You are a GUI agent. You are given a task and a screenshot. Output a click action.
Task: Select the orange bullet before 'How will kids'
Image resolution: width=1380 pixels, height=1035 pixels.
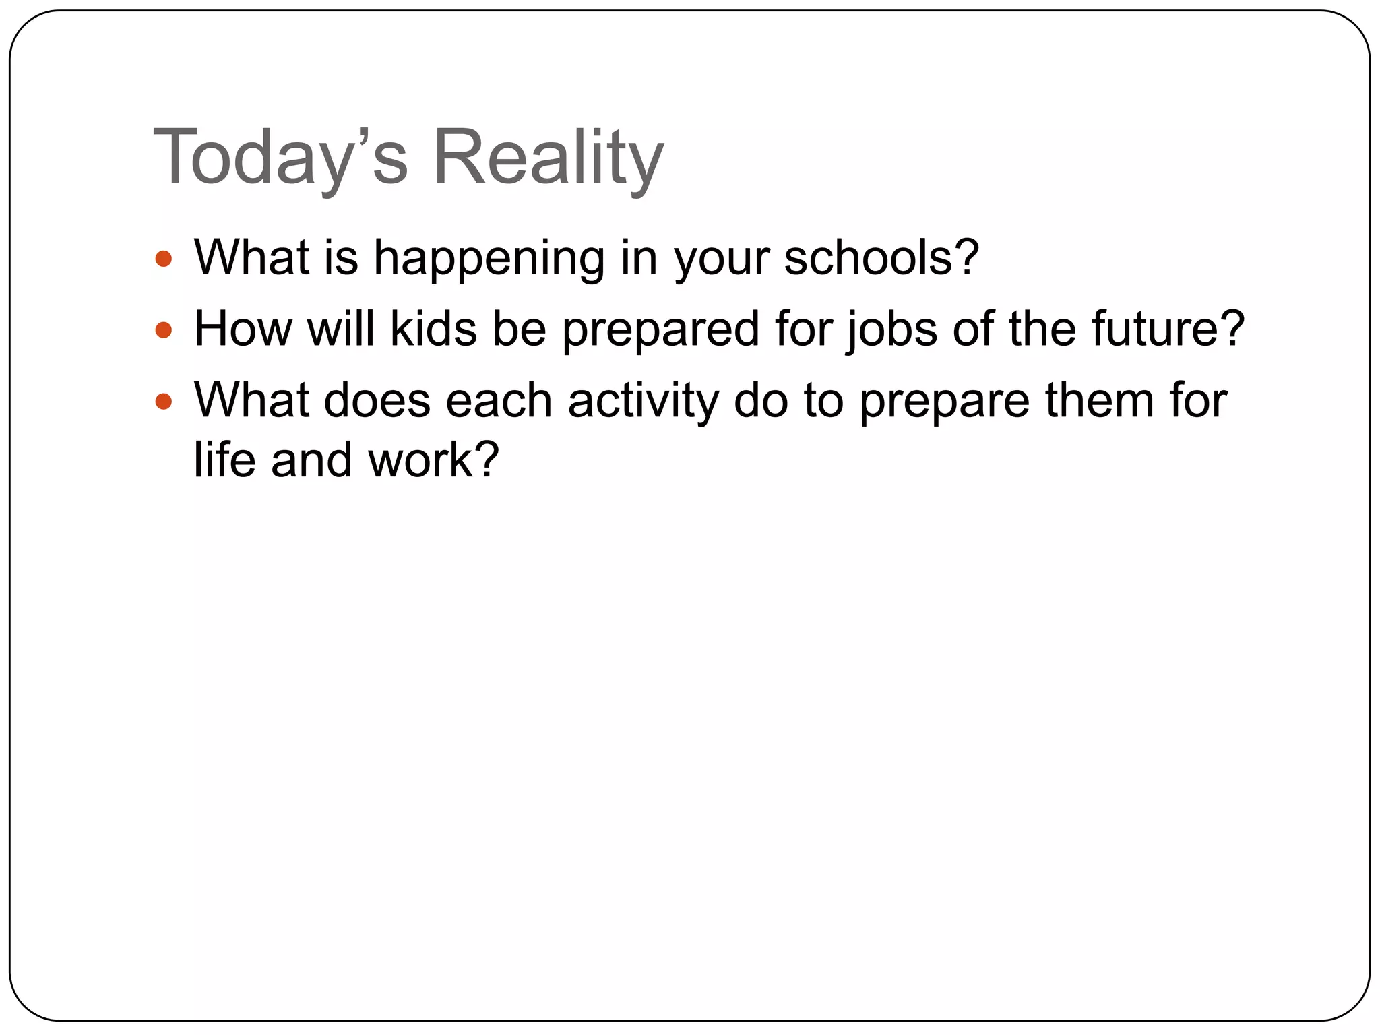point(164,330)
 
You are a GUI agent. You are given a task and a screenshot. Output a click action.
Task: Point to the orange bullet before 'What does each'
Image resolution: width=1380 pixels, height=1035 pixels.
point(164,402)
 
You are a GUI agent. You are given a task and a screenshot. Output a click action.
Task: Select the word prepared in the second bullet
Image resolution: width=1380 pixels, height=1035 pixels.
point(660,330)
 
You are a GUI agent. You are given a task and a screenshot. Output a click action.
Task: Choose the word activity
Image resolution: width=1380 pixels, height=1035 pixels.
point(644,402)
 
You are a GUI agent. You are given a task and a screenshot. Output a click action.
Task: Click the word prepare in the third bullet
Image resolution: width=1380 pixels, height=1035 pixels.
point(944,402)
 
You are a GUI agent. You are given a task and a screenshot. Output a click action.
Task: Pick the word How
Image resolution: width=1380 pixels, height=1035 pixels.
point(243,330)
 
